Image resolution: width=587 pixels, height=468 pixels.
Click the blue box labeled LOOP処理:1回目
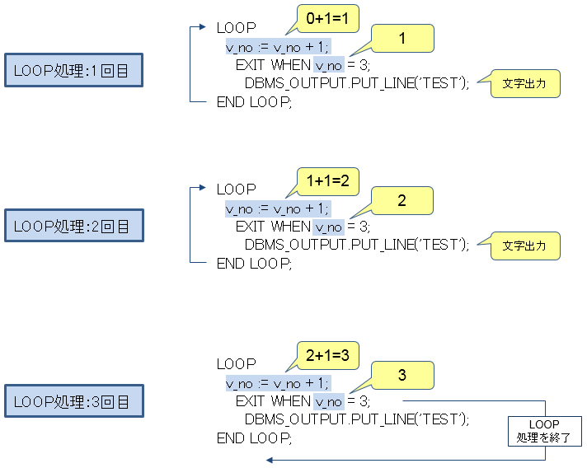click(73, 71)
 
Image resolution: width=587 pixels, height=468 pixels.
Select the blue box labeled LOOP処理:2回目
click(73, 227)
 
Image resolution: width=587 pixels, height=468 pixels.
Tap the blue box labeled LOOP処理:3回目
click(73, 401)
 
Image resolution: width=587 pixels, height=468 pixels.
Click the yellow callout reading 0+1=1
click(327, 17)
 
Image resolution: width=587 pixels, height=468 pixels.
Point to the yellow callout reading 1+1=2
click(327, 179)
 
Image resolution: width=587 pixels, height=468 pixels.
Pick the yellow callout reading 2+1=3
click(327, 356)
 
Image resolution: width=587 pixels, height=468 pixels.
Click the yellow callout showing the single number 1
click(402, 38)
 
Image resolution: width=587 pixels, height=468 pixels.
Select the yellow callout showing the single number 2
click(402, 200)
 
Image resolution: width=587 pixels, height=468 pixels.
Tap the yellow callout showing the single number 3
click(402, 375)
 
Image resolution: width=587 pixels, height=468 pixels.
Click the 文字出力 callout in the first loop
click(525, 83)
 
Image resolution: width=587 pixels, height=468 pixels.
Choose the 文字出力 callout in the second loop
click(525, 246)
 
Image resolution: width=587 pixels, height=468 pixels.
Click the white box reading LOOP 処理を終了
click(544, 431)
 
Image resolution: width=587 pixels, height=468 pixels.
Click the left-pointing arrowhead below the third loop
click(270, 461)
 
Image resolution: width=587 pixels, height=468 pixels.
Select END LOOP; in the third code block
click(254, 438)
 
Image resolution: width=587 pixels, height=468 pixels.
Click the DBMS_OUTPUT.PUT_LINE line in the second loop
click(357, 245)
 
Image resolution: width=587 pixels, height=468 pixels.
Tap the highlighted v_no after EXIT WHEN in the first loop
click(328, 64)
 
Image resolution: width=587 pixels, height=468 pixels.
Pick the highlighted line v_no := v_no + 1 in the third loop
click(277, 383)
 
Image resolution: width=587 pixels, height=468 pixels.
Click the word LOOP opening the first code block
click(237, 28)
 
